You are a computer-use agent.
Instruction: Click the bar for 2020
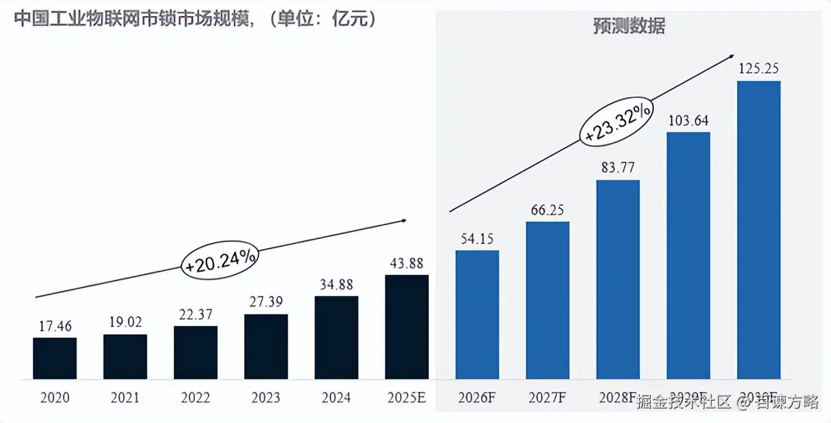pos(55,358)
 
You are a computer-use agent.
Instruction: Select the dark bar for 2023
pos(266,346)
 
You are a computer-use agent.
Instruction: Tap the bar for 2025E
pos(407,327)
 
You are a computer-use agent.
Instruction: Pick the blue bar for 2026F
pos(477,314)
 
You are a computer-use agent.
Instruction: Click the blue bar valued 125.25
pos(759,230)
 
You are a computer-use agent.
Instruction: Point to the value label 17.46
pos(55,326)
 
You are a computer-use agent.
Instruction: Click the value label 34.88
pos(336,284)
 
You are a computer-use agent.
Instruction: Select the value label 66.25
pos(547,210)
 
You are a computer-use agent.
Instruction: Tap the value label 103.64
pos(688,120)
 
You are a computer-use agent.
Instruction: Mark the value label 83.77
pos(617,168)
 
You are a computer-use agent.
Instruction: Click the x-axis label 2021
pos(125,397)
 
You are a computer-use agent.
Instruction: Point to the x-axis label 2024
pos(336,397)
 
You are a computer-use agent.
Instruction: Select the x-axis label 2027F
pos(547,397)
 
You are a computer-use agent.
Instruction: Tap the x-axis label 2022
pos(195,397)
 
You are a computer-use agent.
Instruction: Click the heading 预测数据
pos(628,26)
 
